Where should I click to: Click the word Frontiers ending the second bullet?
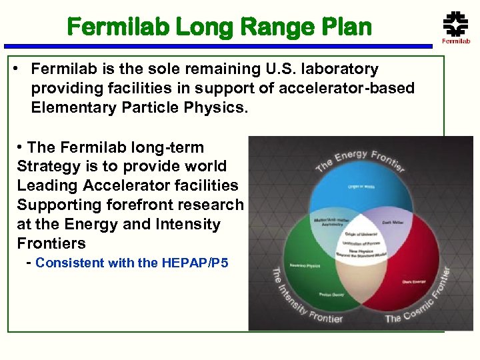coord(51,243)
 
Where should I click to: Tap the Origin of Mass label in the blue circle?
coord(361,187)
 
